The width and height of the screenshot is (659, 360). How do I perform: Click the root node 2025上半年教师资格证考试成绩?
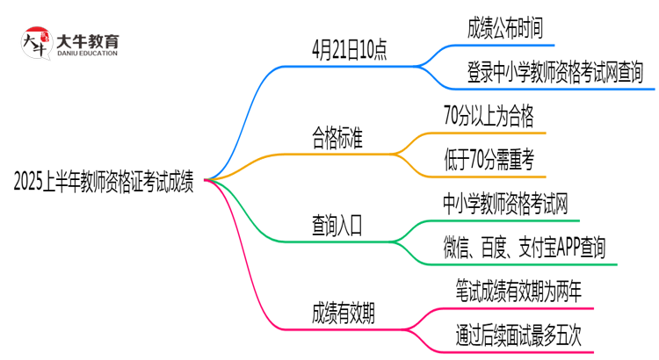(105, 182)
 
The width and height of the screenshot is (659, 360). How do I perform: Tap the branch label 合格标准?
(337, 138)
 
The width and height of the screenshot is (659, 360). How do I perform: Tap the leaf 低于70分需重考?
(490, 160)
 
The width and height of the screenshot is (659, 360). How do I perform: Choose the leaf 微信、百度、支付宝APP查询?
(525, 248)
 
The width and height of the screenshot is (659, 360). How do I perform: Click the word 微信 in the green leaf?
(457, 248)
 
